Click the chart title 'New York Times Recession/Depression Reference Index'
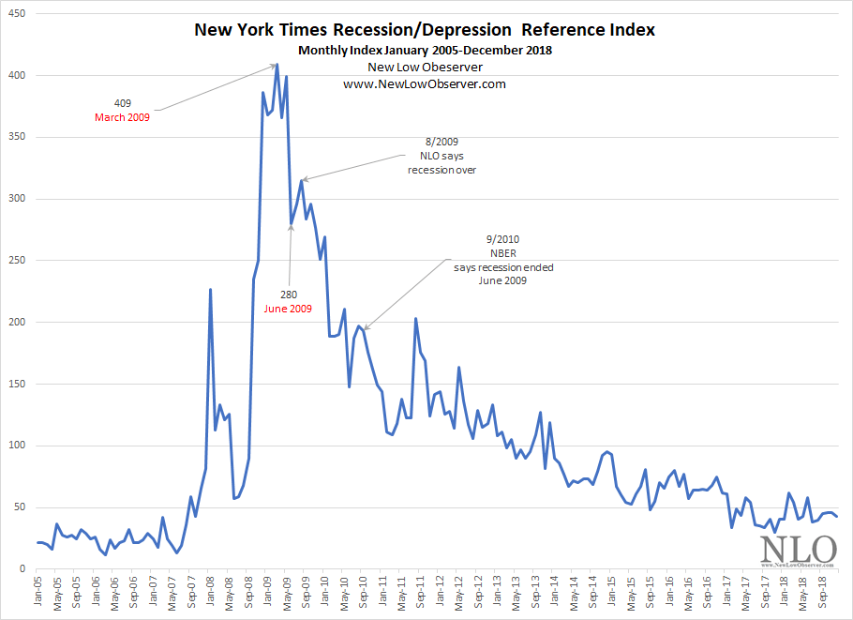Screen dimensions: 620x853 [x=425, y=30]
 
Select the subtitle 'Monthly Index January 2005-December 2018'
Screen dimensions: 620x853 [x=425, y=51]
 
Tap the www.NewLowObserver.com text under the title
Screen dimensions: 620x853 [x=425, y=83]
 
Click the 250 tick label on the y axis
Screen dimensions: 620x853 [x=17, y=261]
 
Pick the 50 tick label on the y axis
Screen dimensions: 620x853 [x=20, y=507]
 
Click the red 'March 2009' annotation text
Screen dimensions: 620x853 [x=122, y=117]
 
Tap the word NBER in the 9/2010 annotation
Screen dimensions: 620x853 [x=503, y=253]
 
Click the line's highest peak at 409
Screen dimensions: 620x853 [x=277, y=65]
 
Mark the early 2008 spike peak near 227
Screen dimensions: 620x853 [x=210, y=289]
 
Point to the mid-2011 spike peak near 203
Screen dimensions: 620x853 [x=415, y=319]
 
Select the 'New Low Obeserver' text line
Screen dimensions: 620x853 [x=425, y=68]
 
